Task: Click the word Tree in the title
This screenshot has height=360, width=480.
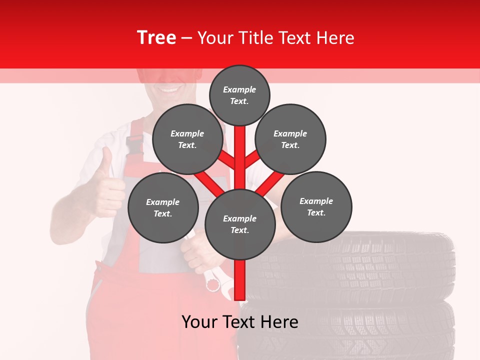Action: coord(156,38)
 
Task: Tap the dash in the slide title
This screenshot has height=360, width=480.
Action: coord(186,38)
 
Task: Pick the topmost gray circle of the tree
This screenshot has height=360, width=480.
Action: coord(239,95)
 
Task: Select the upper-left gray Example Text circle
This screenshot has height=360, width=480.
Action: coord(187,139)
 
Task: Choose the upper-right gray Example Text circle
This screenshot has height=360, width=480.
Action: coord(290,139)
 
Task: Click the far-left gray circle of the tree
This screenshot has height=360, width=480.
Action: coord(163,207)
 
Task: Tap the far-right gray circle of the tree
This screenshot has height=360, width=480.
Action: coord(316,206)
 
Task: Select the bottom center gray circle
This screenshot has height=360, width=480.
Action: coord(240,224)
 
